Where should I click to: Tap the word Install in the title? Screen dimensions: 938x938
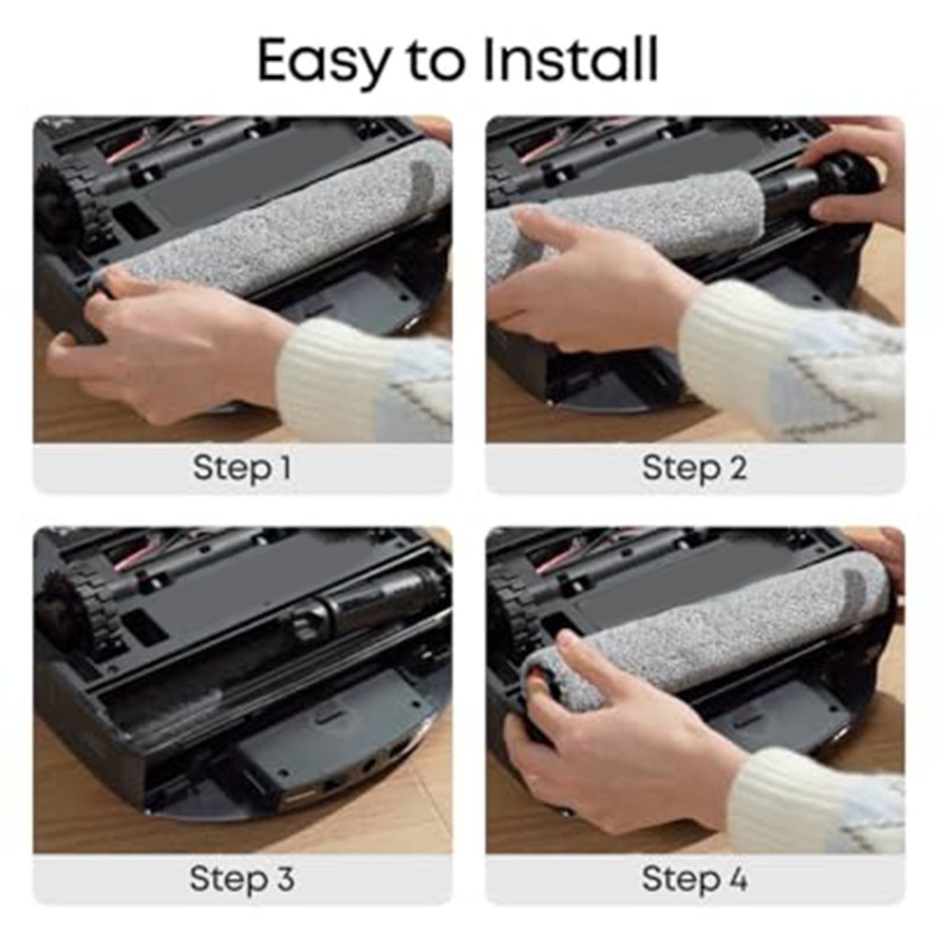(570, 59)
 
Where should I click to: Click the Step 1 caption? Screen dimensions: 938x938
(242, 468)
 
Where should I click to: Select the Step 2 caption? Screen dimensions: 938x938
(694, 468)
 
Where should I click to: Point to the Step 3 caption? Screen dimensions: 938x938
(242, 879)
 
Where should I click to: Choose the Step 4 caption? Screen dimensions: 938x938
(694, 879)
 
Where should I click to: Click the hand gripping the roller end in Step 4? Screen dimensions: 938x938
(617, 748)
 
